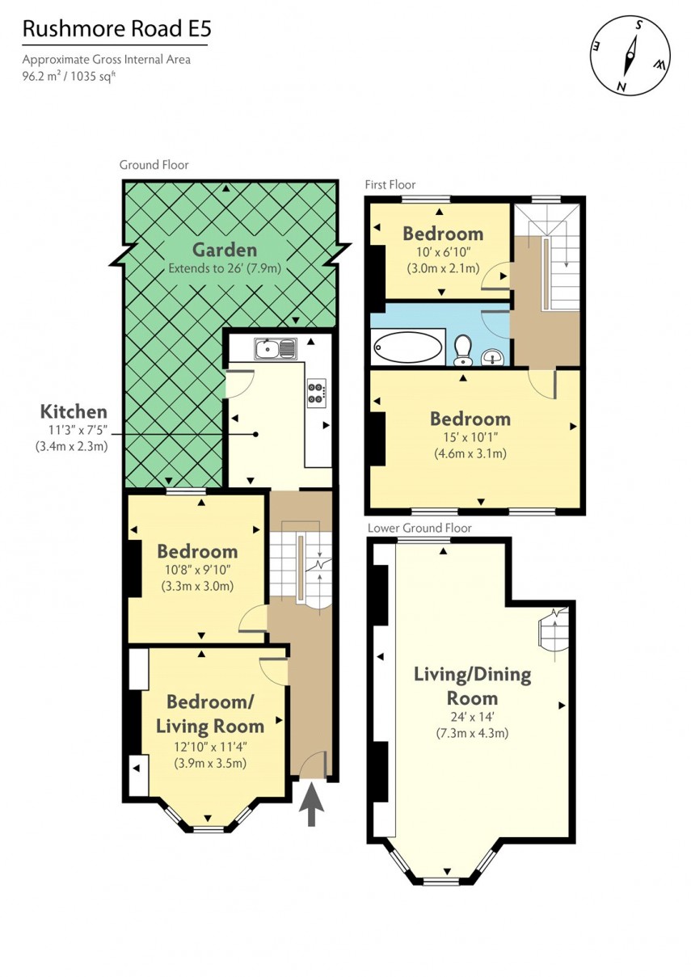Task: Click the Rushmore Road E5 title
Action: (116, 30)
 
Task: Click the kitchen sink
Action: (275, 349)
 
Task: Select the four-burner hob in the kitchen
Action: (316, 392)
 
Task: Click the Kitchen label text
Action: (74, 412)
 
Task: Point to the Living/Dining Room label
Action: (472, 686)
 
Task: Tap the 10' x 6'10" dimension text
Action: (443, 252)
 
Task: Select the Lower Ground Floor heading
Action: (419, 528)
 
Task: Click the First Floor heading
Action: (390, 185)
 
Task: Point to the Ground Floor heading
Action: (154, 165)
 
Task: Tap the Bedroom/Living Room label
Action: (210, 713)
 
